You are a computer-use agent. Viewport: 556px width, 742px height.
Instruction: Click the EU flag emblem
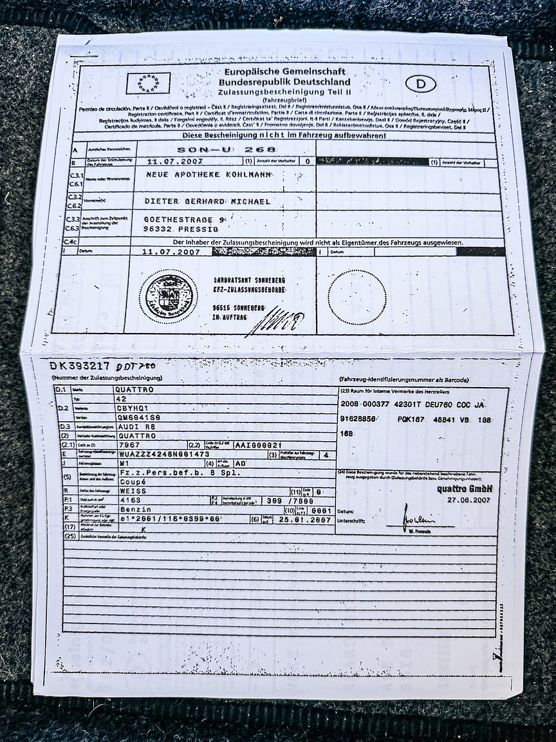pos(149,83)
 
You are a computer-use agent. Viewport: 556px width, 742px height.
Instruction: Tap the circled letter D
pos(421,83)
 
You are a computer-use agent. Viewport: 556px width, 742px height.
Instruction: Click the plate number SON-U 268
pos(226,149)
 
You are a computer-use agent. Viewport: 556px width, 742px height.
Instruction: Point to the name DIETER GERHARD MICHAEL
pos(207,202)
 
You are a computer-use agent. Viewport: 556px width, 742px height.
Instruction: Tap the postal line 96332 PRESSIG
pos(181,229)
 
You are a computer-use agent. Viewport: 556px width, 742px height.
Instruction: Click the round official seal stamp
pos(169,297)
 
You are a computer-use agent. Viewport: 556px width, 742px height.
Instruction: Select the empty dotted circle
pos(357,297)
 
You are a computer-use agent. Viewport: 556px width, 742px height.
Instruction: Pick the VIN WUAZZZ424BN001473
pos(165,454)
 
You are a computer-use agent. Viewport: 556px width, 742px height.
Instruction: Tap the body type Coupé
pos(133,481)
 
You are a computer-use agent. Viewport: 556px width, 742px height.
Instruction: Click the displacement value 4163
pos(131,500)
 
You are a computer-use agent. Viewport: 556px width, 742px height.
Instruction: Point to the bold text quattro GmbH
pos(464,489)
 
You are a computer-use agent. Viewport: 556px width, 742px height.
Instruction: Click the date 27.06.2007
pos(469,499)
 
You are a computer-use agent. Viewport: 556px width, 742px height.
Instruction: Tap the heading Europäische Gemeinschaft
pos(284,71)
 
